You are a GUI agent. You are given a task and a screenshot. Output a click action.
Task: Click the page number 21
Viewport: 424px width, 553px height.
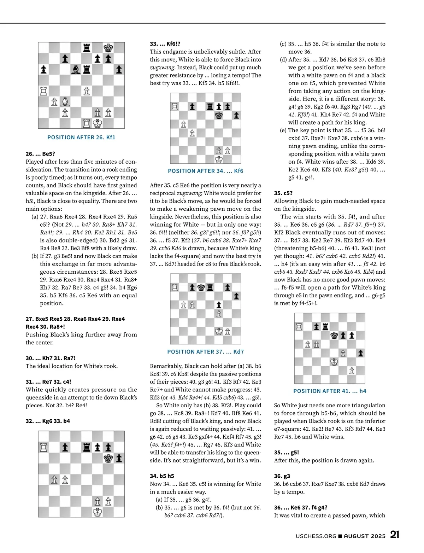[395, 535]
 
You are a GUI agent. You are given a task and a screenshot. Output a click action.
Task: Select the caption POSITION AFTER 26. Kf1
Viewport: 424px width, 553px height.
[81, 137]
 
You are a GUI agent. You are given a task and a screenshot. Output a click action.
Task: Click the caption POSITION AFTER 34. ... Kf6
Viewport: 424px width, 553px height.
[205, 171]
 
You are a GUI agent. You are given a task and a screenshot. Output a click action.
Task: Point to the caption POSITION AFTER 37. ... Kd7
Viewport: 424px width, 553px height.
[205, 352]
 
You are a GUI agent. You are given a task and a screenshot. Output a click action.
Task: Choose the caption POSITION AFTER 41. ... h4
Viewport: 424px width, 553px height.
[330, 391]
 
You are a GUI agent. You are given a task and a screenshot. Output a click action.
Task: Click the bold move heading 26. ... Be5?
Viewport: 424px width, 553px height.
[40, 154]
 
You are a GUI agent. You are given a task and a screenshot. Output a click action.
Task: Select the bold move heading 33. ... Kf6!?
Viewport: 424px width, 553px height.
[165, 44]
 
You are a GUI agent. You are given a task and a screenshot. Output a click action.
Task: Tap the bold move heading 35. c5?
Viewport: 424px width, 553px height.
[283, 193]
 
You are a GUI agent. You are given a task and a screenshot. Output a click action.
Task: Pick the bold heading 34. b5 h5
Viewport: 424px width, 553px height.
[162, 476]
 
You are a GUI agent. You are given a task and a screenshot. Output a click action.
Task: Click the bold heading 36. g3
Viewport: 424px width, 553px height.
[282, 476]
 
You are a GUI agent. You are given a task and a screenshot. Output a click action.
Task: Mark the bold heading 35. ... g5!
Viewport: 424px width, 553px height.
[287, 452]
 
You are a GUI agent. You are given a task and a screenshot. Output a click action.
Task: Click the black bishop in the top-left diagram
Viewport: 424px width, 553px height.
[76, 69]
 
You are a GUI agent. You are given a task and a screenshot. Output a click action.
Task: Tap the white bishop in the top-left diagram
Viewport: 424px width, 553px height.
[65, 102]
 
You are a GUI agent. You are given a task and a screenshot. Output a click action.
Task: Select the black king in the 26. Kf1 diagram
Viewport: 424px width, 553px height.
[108, 48]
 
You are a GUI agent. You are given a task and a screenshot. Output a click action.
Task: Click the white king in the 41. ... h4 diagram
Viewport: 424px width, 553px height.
[334, 362]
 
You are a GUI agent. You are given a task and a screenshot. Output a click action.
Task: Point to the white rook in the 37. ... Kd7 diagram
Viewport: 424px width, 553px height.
[175, 287]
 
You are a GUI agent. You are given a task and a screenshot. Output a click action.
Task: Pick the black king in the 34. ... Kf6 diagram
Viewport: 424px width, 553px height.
[219, 115]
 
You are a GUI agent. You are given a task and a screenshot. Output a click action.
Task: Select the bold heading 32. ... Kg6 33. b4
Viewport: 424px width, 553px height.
[48, 421]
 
